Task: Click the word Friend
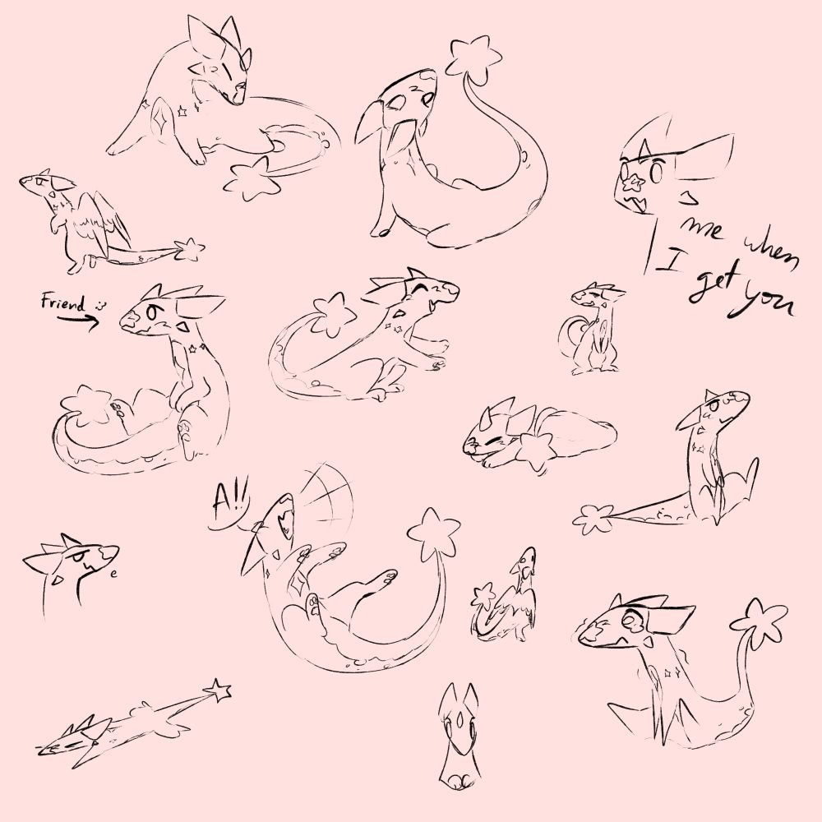click(63, 303)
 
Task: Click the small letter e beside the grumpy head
click(113, 574)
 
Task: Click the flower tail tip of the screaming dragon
click(433, 531)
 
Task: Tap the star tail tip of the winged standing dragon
click(189, 248)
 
